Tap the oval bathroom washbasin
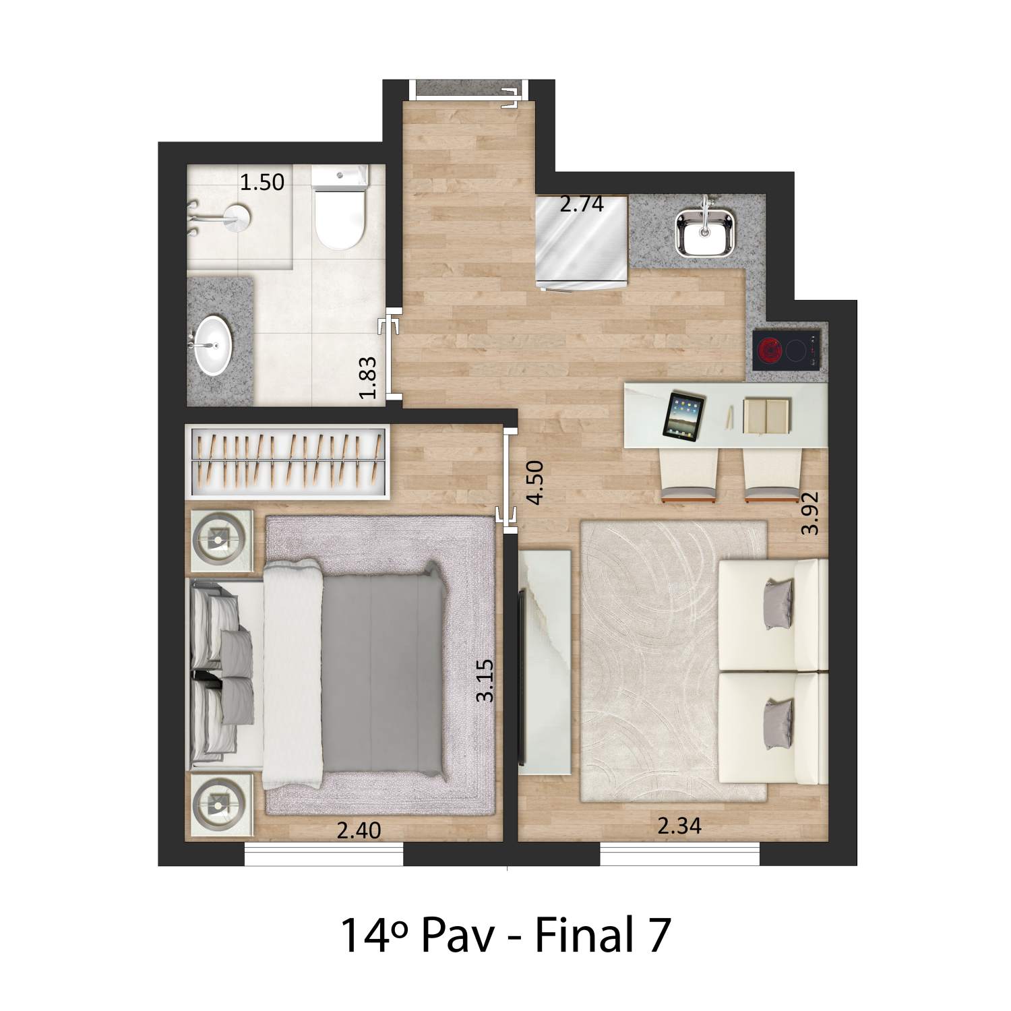pyautogui.click(x=214, y=345)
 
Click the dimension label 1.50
pyautogui.click(x=263, y=182)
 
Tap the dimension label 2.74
pyautogui.click(x=582, y=204)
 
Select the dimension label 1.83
pyautogui.click(x=368, y=377)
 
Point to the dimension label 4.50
pyautogui.click(x=536, y=483)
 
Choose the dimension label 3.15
pyautogui.click(x=485, y=681)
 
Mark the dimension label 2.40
pyautogui.click(x=359, y=830)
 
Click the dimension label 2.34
pyautogui.click(x=679, y=826)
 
